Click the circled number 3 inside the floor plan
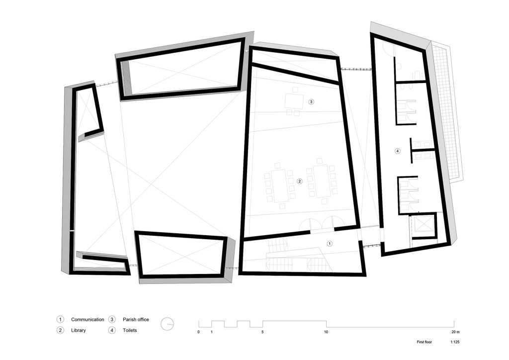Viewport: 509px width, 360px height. (x=311, y=101)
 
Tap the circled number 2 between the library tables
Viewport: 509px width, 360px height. (x=300, y=181)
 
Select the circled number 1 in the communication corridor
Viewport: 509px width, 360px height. (x=330, y=243)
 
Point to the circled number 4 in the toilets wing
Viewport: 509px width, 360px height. (x=397, y=151)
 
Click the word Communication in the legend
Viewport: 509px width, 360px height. (x=87, y=319)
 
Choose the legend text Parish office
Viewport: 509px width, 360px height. (x=136, y=319)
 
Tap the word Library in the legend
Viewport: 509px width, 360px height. (x=79, y=330)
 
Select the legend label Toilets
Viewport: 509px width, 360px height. (x=130, y=330)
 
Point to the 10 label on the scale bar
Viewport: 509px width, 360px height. (x=326, y=332)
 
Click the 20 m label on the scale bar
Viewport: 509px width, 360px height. (x=455, y=332)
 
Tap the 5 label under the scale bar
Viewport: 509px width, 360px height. (x=262, y=332)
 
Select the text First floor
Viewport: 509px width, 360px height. (x=424, y=342)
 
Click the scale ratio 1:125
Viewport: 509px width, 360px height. (x=455, y=342)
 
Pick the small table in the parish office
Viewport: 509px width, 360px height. (x=294, y=100)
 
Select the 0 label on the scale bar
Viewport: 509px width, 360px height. (x=199, y=332)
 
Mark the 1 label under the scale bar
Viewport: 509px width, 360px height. (x=212, y=332)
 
